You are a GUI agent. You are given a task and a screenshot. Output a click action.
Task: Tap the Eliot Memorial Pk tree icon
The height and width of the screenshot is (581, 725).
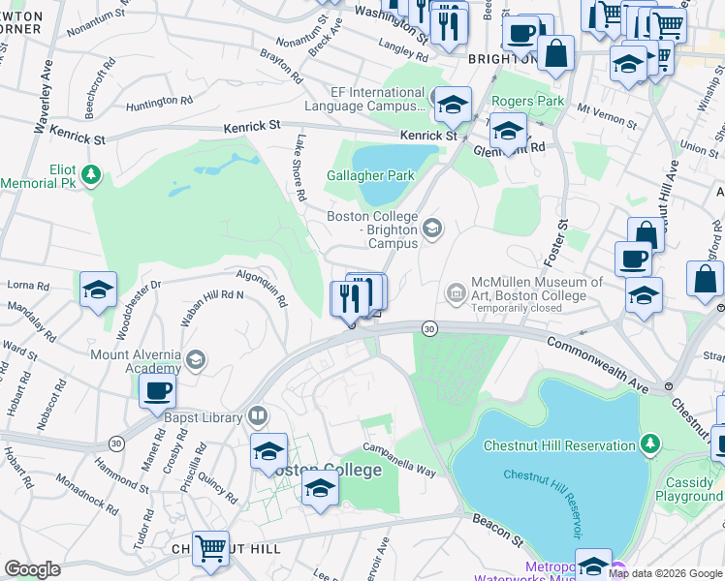tap(91, 174)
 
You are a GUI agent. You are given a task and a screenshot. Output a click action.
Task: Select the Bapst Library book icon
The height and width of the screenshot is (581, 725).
tap(257, 416)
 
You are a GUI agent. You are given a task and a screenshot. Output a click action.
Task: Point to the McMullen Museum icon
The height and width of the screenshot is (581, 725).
tap(456, 291)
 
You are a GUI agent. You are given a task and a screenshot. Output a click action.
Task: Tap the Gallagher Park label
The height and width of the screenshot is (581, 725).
tap(370, 175)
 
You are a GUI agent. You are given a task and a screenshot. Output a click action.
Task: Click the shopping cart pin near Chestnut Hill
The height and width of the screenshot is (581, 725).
tap(210, 549)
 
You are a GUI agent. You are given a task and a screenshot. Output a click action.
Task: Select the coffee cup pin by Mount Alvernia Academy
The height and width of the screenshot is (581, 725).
tap(157, 391)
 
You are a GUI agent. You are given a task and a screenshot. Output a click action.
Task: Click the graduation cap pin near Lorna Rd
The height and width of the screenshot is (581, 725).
tap(98, 290)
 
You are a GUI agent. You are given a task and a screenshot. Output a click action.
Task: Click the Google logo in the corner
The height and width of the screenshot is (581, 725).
tap(32, 569)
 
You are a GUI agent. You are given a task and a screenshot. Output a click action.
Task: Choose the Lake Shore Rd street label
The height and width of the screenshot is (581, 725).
tap(301, 168)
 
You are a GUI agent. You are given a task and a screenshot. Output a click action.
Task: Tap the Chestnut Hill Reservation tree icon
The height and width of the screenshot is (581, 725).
tap(651, 444)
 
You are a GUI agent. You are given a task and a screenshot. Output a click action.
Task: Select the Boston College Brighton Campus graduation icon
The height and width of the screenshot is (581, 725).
tap(432, 229)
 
